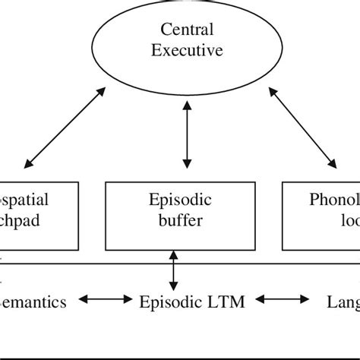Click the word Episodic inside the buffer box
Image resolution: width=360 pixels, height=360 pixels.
(177, 201)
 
